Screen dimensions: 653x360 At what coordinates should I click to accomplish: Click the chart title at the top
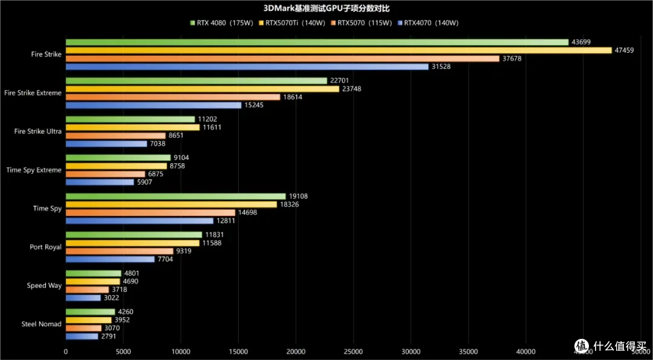tap(326, 8)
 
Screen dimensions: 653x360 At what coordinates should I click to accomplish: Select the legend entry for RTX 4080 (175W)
tap(221, 23)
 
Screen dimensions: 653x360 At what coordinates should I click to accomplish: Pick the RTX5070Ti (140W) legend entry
tap(291, 23)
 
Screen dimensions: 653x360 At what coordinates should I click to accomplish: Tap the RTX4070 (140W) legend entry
tap(428, 23)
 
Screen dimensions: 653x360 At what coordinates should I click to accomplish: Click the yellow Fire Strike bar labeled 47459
tap(339, 50)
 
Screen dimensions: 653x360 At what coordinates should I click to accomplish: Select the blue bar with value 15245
tap(153, 105)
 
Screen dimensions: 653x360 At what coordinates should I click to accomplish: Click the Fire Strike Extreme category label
tap(33, 93)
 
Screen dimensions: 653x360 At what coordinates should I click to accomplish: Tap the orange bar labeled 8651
tap(115, 136)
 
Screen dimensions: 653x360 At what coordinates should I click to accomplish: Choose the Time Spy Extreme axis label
tap(34, 170)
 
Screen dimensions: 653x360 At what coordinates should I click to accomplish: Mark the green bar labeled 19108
tap(176, 196)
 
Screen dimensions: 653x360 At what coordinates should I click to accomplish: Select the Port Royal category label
tap(46, 247)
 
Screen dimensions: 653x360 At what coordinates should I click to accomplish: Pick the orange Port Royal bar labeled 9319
tap(120, 251)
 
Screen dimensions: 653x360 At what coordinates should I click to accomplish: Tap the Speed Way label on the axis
tap(44, 286)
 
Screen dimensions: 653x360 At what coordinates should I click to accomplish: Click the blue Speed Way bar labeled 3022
tap(83, 298)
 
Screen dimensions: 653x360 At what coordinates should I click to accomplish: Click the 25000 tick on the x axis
tap(353, 352)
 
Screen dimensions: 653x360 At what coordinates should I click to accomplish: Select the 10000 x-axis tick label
tap(181, 352)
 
